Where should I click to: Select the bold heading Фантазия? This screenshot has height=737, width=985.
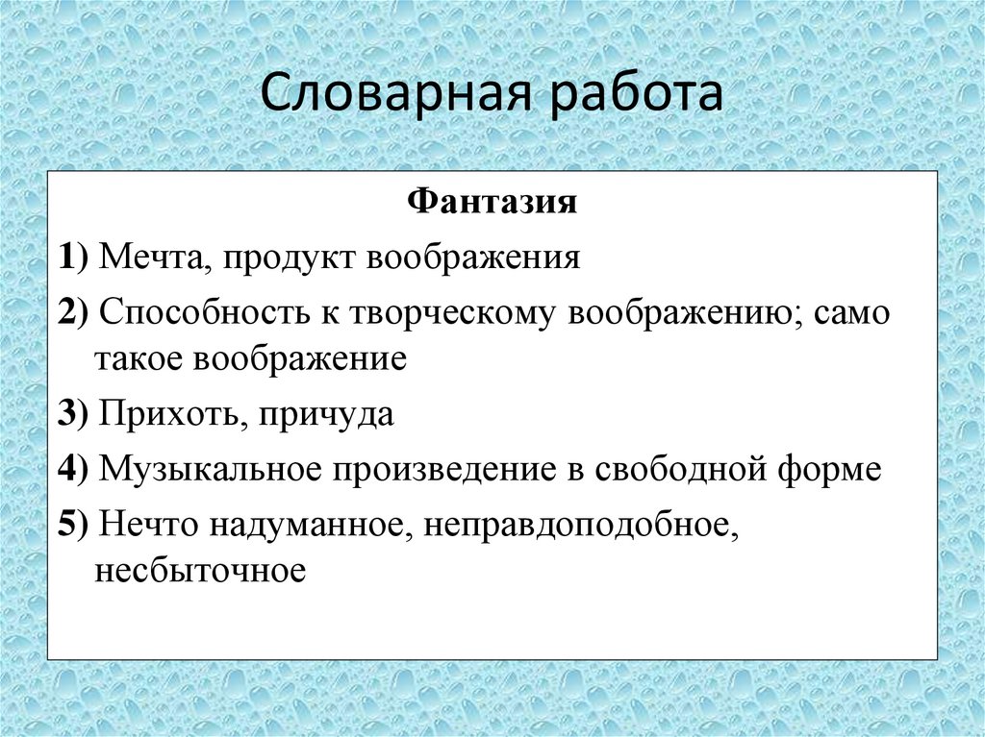tap(492, 203)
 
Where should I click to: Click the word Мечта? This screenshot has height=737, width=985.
tap(148, 258)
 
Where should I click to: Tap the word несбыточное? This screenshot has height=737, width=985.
tap(200, 571)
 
